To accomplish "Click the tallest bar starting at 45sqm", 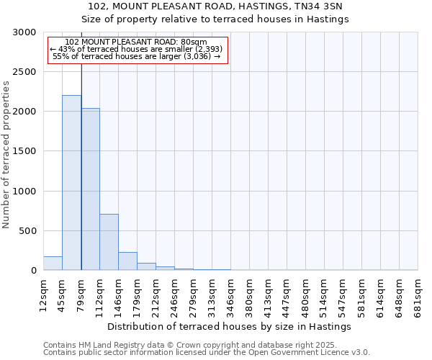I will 71,183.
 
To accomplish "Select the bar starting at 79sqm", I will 90,189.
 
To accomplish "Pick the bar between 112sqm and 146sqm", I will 109,242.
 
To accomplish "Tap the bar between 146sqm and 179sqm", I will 127,261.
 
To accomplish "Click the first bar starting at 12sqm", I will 53,264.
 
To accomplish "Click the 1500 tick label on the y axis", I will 25,151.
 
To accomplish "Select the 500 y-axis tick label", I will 28,231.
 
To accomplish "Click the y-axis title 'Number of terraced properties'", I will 6,155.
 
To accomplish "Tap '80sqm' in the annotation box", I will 194,42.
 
